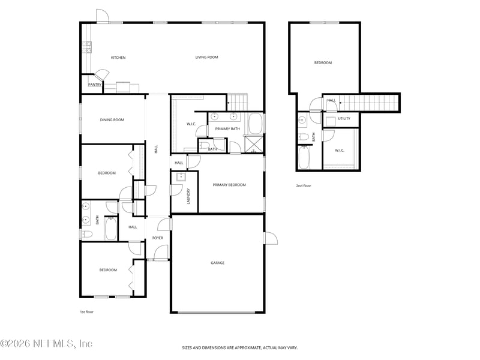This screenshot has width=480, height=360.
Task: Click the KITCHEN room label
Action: click(x=118, y=58)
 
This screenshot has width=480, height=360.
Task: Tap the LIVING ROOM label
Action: click(x=206, y=58)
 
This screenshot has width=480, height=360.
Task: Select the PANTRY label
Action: click(x=95, y=85)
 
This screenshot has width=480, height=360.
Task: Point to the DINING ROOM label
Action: click(x=112, y=120)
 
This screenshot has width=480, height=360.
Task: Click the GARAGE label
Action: click(x=217, y=263)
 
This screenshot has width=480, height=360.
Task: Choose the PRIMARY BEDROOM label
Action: click(x=229, y=185)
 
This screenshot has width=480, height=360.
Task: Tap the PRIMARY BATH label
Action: click(x=227, y=128)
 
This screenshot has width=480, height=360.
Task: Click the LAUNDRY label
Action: click(x=188, y=197)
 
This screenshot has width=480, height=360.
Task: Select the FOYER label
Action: click(x=158, y=238)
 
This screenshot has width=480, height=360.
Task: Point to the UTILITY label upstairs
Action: click(x=344, y=119)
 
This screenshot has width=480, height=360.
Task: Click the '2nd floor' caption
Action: click(x=304, y=186)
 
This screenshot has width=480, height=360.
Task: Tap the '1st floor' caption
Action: click(x=86, y=312)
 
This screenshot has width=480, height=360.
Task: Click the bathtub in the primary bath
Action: click(x=255, y=124)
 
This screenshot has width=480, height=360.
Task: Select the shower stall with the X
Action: click(x=254, y=145)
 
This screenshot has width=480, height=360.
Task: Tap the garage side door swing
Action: click(x=271, y=238)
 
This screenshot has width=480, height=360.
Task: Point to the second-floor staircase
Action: click(x=368, y=103)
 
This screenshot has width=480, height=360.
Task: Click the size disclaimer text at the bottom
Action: click(x=240, y=347)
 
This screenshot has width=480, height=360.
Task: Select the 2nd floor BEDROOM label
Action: click(x=323, y=62)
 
